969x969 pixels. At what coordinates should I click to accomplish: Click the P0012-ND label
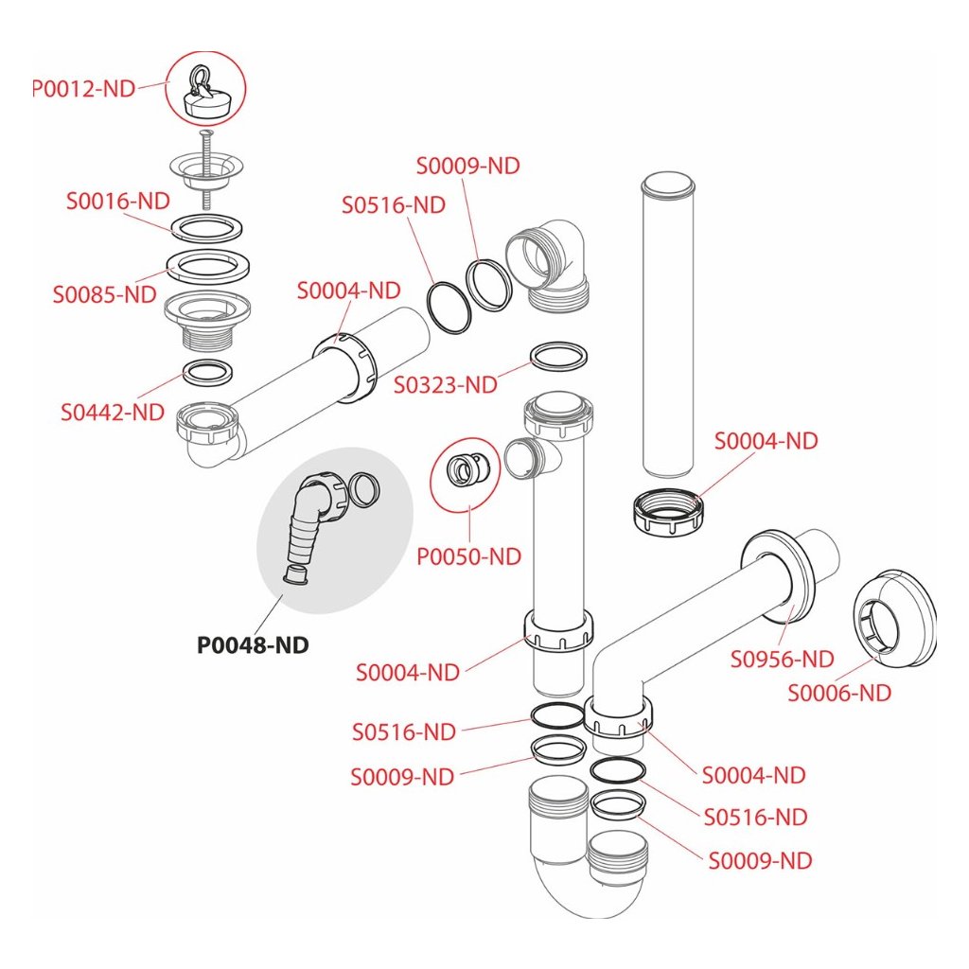84,90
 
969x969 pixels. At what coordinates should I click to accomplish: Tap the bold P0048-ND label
253,645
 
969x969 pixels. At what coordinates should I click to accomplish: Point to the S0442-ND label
113,413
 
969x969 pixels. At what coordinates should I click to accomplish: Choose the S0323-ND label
446,384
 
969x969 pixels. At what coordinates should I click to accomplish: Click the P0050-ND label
469,556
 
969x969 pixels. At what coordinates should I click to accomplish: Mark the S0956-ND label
782,659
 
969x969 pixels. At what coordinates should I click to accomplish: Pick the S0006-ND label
840,694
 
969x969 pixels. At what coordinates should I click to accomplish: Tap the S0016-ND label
117,201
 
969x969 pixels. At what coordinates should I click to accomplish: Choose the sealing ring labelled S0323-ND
559,356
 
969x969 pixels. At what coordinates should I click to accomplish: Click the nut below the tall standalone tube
668,511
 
